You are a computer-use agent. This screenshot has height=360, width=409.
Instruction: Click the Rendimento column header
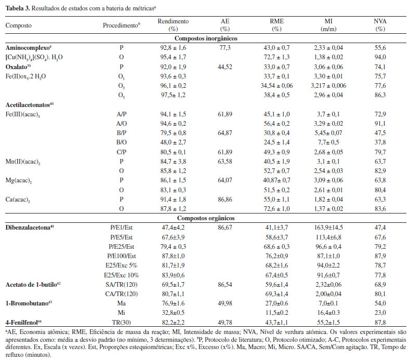(173, 25)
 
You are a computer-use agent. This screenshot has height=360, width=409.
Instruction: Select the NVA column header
(380, 25)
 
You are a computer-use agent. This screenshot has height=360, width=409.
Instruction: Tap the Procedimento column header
(122, 25)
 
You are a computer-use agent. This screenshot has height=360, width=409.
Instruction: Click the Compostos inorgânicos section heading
(206, 38)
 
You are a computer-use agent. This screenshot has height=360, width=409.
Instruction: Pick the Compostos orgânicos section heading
(206, 218)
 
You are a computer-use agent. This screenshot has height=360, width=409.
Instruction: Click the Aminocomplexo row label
(29, 48)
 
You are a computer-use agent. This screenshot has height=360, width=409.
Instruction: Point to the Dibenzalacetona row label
(30, 228)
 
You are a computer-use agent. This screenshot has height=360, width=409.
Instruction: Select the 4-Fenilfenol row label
(23, 323)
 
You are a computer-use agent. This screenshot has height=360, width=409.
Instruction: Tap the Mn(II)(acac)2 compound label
(23, 162)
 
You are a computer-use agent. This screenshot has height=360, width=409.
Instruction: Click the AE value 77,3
(225, 48)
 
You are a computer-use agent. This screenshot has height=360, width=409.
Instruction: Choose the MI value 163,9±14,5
(328, 228)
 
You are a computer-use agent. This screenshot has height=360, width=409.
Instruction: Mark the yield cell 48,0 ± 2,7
(173, 142)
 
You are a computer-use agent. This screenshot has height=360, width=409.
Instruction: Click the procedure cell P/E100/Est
(122, 256)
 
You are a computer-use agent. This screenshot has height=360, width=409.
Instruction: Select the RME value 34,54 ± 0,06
(276, 86)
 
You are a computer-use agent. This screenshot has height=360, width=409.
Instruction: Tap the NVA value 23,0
(380, 313)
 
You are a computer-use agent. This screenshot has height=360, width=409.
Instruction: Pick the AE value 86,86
(225, 199)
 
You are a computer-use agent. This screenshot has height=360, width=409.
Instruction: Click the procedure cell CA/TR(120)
(122, 294)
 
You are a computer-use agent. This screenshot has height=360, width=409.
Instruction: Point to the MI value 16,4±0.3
(328, 313)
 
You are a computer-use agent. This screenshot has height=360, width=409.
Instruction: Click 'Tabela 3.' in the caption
(18, 8)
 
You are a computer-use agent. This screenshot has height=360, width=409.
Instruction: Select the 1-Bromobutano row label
(29, 303)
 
